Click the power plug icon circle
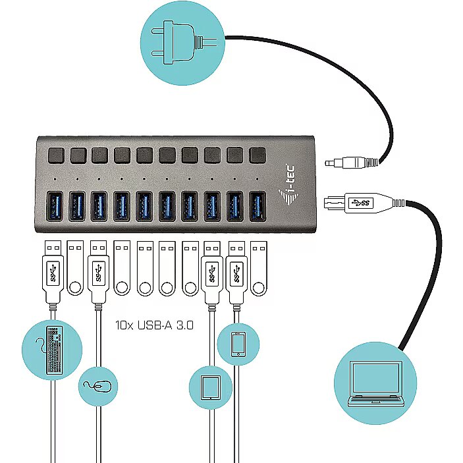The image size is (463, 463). point(182,43)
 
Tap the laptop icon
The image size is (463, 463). point(375,383)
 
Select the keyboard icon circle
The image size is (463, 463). point(52,350)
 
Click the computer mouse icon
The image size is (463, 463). point(97,386)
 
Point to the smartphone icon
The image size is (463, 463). point(238,344)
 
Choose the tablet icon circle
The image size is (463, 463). point(211,387)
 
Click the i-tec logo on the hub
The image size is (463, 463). point(288,185)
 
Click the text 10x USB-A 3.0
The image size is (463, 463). point(154,325)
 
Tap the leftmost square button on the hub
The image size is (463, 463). point(56,155)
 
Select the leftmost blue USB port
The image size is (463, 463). point(55,206)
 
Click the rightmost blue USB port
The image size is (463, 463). point(258,206)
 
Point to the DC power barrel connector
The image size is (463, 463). point(352,163)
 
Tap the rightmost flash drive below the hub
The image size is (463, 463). point(259,268)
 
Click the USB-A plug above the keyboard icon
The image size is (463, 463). point(53,272)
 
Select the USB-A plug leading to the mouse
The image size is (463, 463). point(99,272)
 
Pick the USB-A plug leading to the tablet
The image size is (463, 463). point(212,272)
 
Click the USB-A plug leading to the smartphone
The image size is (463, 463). point(237,272)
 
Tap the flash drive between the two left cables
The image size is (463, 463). point(75,268)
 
